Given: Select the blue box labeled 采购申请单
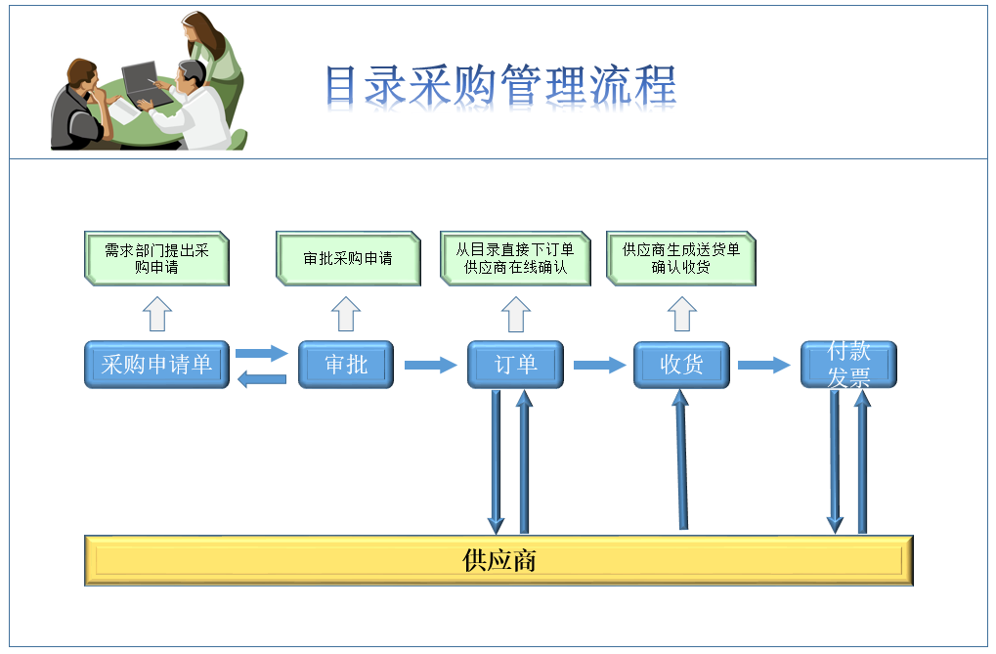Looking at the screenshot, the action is [x=157, y=365].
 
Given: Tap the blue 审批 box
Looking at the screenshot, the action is [x=346, y=365].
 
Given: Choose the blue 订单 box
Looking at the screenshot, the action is [x=515, y=365].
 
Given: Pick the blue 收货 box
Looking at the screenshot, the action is [x=681, y=365].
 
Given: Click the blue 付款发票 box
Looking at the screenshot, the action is [x=848, y=365].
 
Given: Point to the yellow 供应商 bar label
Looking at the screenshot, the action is [x=498, y=560].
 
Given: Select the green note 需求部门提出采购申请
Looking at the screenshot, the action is [x=157, y=259].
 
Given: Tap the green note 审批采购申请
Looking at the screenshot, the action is [x=348, y=259].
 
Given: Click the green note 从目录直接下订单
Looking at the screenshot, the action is [x=515, y=259].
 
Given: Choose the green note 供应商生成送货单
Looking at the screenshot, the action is [x=681, y=259].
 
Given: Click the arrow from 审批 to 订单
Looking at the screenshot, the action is [x=431, y=365].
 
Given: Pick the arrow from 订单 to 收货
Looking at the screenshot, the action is [x=599, y=365].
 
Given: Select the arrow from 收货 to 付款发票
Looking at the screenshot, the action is [x=764, y=365].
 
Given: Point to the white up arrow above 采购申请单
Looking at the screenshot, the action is [x=157, y=314].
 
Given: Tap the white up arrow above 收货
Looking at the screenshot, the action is [x=682, y=314].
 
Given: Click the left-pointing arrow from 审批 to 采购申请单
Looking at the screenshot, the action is [x=262, y=379].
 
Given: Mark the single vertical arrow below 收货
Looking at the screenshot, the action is [x=681, y=459].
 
